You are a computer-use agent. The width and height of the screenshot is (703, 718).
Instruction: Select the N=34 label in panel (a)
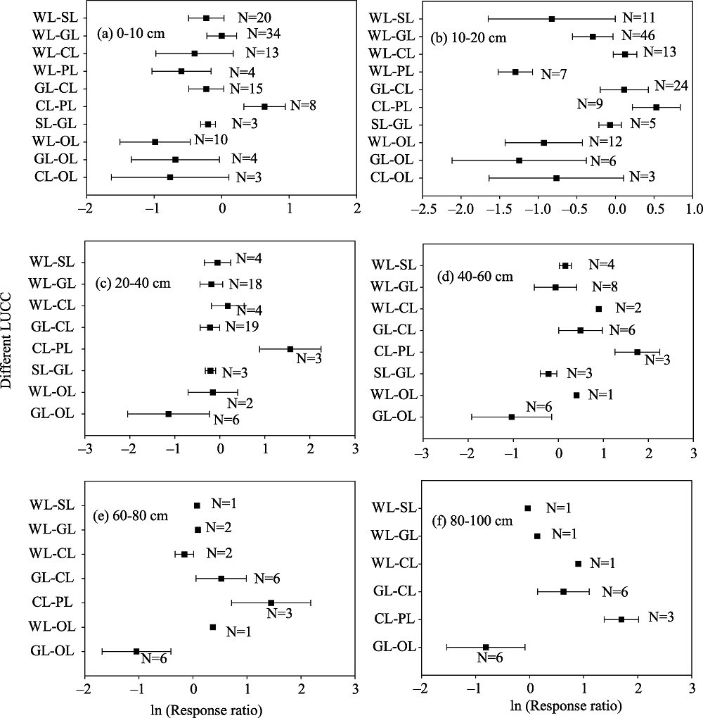coord(264,34)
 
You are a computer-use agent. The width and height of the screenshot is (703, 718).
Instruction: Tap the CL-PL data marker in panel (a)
coord(264,106)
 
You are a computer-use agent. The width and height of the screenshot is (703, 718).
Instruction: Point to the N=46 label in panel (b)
coord(638,35)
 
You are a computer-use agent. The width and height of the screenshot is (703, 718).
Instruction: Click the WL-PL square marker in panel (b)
coord(515,72)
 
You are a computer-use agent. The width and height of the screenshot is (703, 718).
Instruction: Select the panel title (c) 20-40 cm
coord(133,283)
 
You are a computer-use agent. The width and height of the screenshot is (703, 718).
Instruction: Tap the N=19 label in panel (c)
coord(243,327)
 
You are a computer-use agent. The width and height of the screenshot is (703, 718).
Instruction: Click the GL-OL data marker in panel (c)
coord(168,414)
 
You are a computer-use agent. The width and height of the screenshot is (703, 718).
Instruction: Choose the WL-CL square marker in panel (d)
coord(599,309)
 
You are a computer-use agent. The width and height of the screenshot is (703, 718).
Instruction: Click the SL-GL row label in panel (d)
coord(394,373)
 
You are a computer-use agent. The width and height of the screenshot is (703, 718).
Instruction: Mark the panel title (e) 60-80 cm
coord(131,515)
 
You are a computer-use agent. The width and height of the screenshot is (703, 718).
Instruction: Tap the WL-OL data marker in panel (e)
coord(213,627)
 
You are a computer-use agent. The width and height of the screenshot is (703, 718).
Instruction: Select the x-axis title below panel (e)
coord(207,710)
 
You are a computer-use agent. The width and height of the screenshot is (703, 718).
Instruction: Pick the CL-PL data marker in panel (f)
coord(621,619)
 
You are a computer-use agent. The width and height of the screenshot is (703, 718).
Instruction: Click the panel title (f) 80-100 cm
coord(472,521)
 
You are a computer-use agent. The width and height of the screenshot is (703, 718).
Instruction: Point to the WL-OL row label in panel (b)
coord(392,142)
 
